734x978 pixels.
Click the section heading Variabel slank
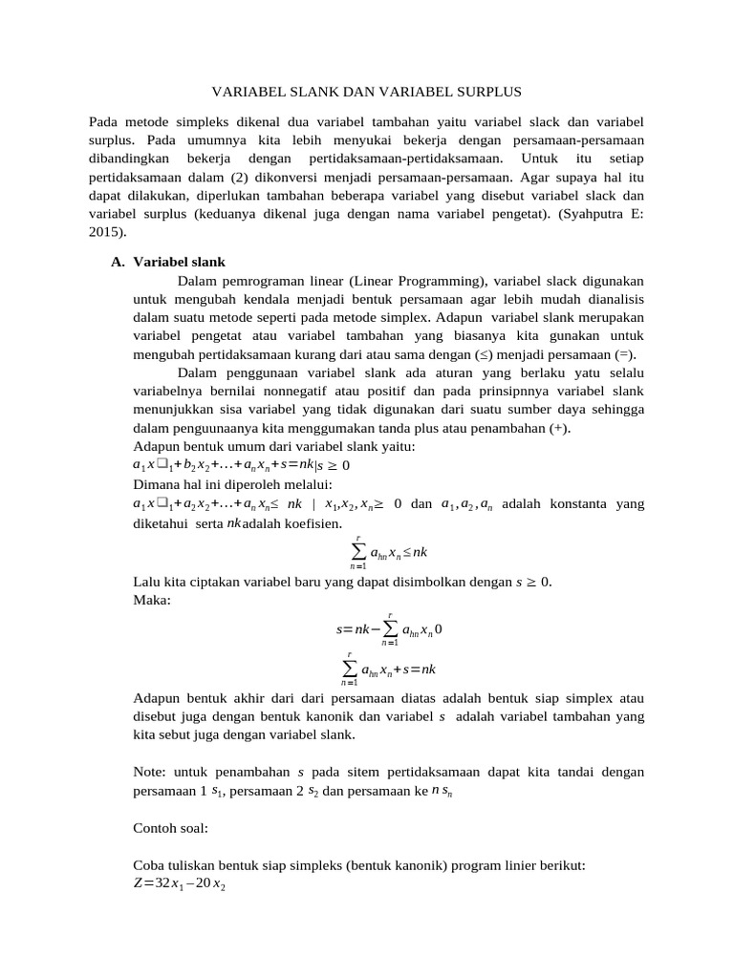(x=179, y=262)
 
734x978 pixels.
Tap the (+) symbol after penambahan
(x=558, y=428)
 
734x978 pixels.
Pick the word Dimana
(x=157, y=484)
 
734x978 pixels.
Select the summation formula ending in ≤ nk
(x=387, y=553)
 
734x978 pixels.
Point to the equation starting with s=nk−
(x=387, y=630)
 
